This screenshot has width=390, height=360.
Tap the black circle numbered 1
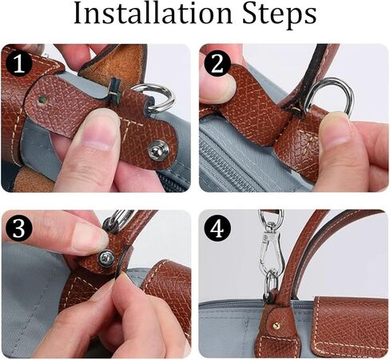pyautogui.click(x=17, y=62)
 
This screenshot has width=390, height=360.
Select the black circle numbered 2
pyautogui.click(x=214, y=62)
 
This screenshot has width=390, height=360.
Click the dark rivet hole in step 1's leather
pyautogui.click(x=42, y=100)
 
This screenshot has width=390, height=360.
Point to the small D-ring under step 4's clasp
pyautogui.click(x=272, y=282)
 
